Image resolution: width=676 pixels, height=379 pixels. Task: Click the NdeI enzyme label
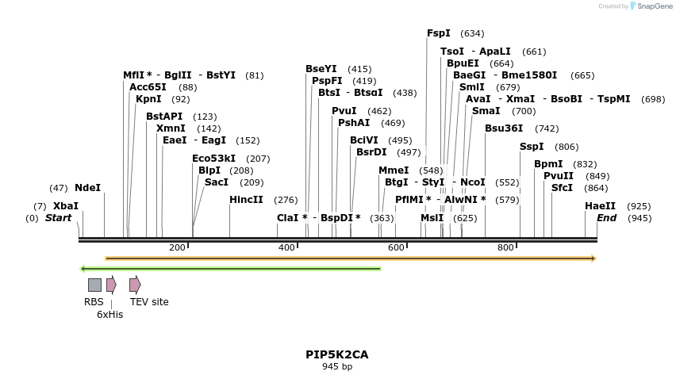[87, 188]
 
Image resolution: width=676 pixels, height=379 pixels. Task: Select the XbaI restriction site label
[66, 205]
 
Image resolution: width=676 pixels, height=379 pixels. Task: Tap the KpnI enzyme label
[148, 99]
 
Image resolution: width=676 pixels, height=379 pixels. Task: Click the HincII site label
[246, 200]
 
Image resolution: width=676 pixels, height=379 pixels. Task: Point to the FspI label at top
[438, 33]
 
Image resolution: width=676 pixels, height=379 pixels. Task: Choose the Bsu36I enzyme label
[504, 128]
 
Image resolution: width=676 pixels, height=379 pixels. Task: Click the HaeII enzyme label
[600, 205]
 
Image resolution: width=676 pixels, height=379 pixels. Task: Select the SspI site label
[532, 147]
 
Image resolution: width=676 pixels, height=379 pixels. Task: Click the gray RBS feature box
[94, 285]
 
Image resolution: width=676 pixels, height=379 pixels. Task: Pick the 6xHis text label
[109, 315]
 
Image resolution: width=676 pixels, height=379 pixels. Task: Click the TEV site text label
[149, 302]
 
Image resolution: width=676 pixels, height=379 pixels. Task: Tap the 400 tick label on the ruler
[286, 248]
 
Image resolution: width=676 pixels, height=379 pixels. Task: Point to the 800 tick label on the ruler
[505, 248]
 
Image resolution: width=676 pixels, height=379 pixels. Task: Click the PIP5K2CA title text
[337, 354]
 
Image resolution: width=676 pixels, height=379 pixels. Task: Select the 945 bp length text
[337, 366]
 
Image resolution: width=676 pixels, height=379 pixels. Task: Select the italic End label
[606, 218]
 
